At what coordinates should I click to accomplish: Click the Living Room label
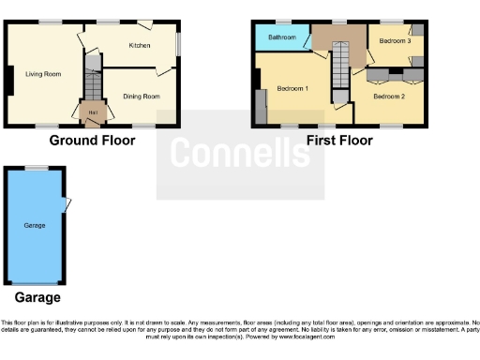tap(43, 74)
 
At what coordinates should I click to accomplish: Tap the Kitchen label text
tap(140, 45)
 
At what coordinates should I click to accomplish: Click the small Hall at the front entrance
tap(92, 114)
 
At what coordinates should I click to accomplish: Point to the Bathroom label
tap(282, 37)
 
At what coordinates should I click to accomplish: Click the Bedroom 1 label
tap(292, 89)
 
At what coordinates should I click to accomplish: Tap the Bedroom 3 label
tap(394, 40)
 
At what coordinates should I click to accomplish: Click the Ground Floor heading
tap(92, 141)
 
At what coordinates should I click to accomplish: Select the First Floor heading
tap(339, 141)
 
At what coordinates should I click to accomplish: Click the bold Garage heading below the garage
tap(37, 297)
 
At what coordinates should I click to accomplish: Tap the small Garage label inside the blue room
tap(36, 226)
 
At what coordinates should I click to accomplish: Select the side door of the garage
tap(67, 203)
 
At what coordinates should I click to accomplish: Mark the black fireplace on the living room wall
tap(9, 82)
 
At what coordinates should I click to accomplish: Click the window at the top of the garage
tap(37, 168)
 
